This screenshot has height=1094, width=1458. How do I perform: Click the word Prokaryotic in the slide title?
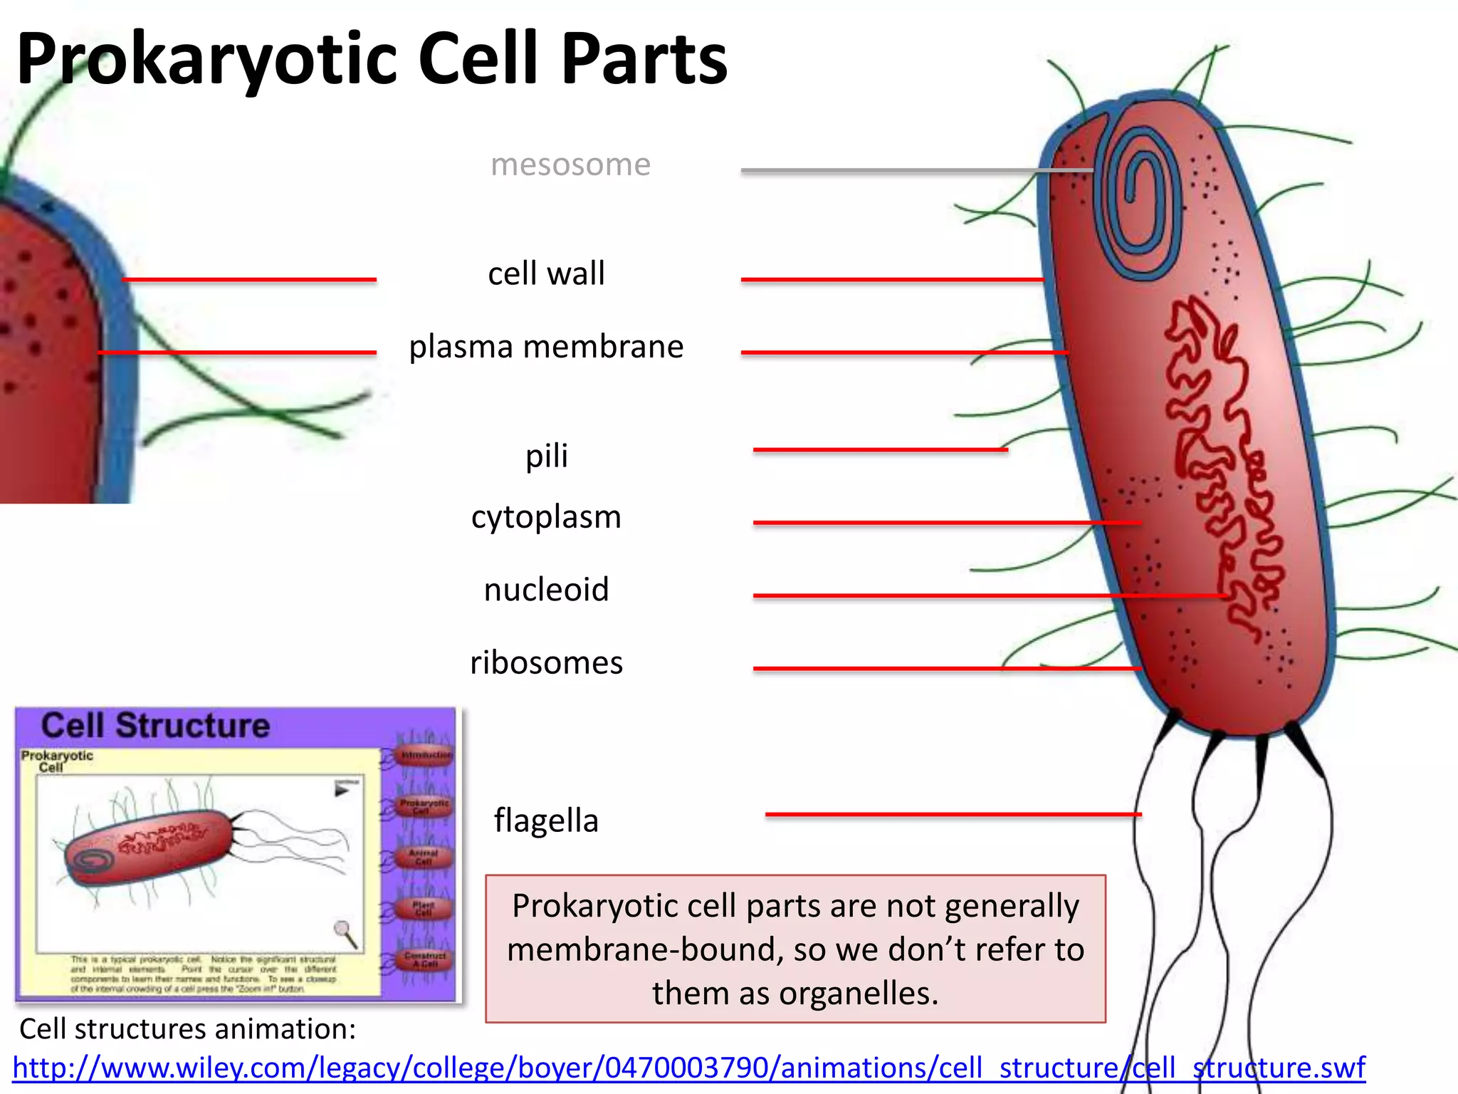[206, 61]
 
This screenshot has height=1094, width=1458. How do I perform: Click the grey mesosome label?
[570, 165]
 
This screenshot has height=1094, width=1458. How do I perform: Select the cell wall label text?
[546, 274]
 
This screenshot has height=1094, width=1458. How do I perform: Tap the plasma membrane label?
[546, 348]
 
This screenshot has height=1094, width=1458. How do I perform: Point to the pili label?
[546, 456]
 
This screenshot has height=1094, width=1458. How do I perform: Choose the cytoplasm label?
[546, 517]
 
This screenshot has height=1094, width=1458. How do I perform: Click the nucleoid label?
[546, 590]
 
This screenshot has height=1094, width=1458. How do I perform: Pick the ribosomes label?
[546, 663]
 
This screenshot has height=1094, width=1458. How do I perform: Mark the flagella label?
[546, 820]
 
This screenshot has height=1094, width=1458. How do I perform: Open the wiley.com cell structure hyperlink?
[688, 1068]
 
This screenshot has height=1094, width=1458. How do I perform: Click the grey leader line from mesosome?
[890, 170]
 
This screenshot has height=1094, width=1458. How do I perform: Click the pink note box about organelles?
[795, 949]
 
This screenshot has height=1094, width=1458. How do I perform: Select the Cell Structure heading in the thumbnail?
[155, 726]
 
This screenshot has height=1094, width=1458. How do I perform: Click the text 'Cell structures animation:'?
[187, 1029]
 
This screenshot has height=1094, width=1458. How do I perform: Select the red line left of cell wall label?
[249, 280]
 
